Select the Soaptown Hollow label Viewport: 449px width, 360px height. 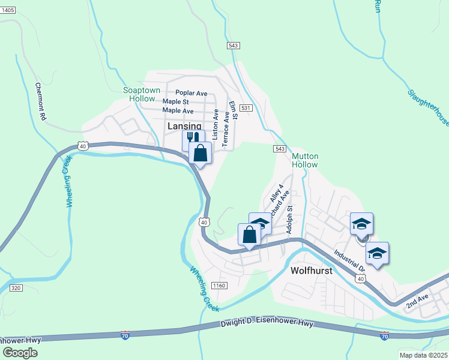click(142, 94)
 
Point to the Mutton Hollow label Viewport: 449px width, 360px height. click(305, 160)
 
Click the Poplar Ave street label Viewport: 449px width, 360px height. click(191, 93)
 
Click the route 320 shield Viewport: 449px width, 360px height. click(16, 289)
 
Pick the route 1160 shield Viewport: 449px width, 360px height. click(219, 285)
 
